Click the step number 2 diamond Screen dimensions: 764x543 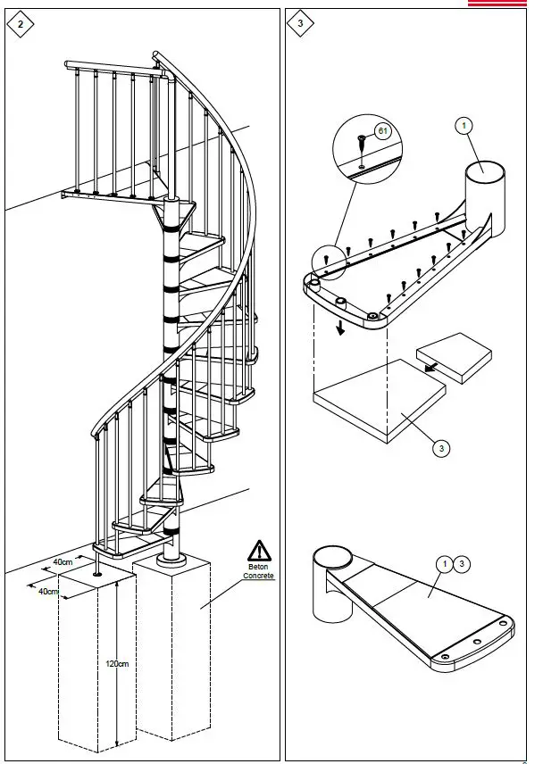[20, 24]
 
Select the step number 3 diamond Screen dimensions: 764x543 [299, 24]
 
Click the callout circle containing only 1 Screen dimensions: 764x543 [464, 126]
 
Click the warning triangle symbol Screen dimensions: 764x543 [259, 551]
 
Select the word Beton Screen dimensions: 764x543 [258, 567]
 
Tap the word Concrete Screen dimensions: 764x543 [258, 576]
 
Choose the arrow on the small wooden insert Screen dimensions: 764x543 [430, 364]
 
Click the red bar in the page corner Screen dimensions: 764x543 [504, 4]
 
